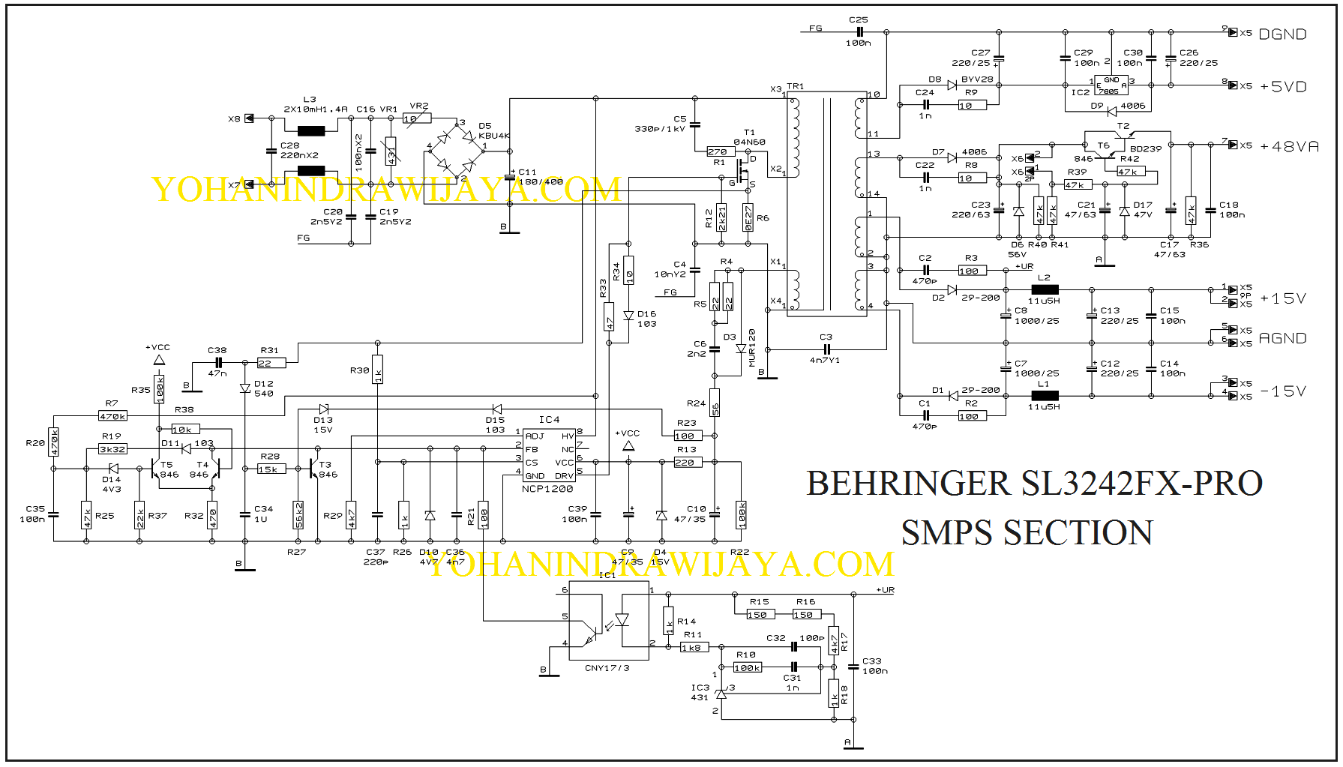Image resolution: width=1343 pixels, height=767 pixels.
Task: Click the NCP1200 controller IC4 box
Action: click(x=549, y=456)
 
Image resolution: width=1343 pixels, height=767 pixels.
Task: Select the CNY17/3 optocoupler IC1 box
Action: click(x=608, y=621)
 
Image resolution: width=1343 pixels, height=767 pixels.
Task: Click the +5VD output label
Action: click(x=1283, y=87)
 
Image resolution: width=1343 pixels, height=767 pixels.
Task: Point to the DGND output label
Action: click(x=1282, y=34)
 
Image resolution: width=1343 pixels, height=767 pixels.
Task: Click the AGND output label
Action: click(x=1282, y=339)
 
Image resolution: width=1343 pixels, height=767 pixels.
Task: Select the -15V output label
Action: click(x=1283, y=391)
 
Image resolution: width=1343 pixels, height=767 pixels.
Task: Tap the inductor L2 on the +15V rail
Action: click(x=1045, y=289)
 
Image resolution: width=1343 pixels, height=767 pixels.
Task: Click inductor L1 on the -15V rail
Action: click(x=1045, y=395)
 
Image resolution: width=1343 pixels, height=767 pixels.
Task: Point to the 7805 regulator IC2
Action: click(x=1111, y=85)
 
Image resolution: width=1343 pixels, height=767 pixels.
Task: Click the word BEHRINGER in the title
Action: click(x=907, y=484)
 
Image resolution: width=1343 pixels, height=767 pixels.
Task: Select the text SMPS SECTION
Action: click(x=1027, y=533)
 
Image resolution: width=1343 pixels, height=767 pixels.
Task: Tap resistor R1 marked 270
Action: click(x=718, y=152)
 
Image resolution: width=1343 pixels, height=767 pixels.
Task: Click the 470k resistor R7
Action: click(x=112, y=416)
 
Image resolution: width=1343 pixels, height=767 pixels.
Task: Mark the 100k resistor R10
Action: click(x=747, y=667)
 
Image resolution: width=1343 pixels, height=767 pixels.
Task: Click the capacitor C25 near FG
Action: click(x=859, y=32)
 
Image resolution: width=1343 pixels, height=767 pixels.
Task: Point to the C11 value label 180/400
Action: click(x=541, y=182)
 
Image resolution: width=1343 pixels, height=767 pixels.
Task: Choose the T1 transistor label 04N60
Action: click(x=749, y=142)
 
